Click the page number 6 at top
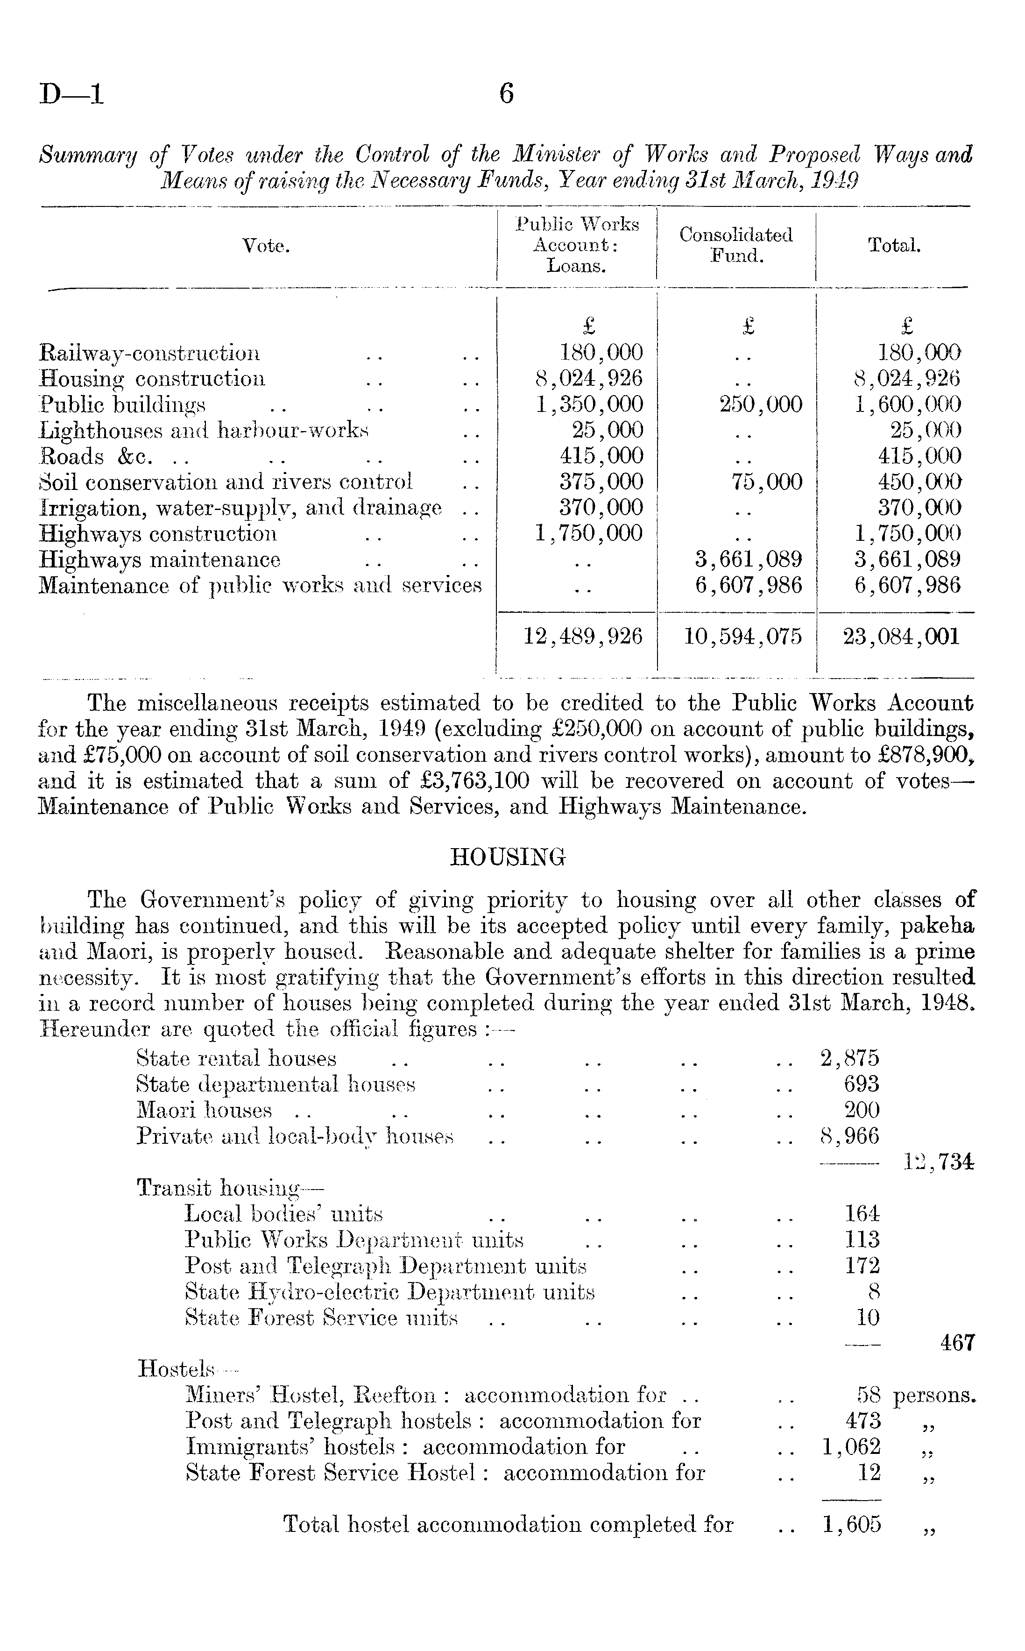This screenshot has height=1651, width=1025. [506, 93]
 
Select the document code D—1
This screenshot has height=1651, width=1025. [71, 93]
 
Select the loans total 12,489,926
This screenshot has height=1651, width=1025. [583, 637]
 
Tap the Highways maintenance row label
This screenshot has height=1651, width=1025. [160, 560]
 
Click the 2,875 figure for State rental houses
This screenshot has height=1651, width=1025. [849, 1058]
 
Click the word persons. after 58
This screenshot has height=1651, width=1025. [934, 1396]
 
